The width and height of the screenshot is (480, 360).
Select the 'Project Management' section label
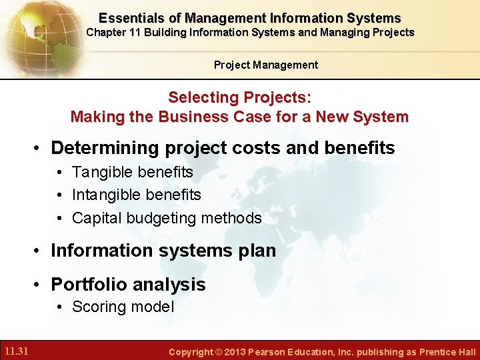click(x=265, y=65)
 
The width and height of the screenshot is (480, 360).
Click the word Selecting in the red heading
click(x=200, y=97)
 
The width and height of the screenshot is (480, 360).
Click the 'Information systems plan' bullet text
click(x=163, y=251)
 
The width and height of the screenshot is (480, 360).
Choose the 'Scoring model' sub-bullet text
click(x=123, y=307)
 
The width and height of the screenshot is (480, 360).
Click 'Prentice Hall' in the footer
click(x=447, y=352)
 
